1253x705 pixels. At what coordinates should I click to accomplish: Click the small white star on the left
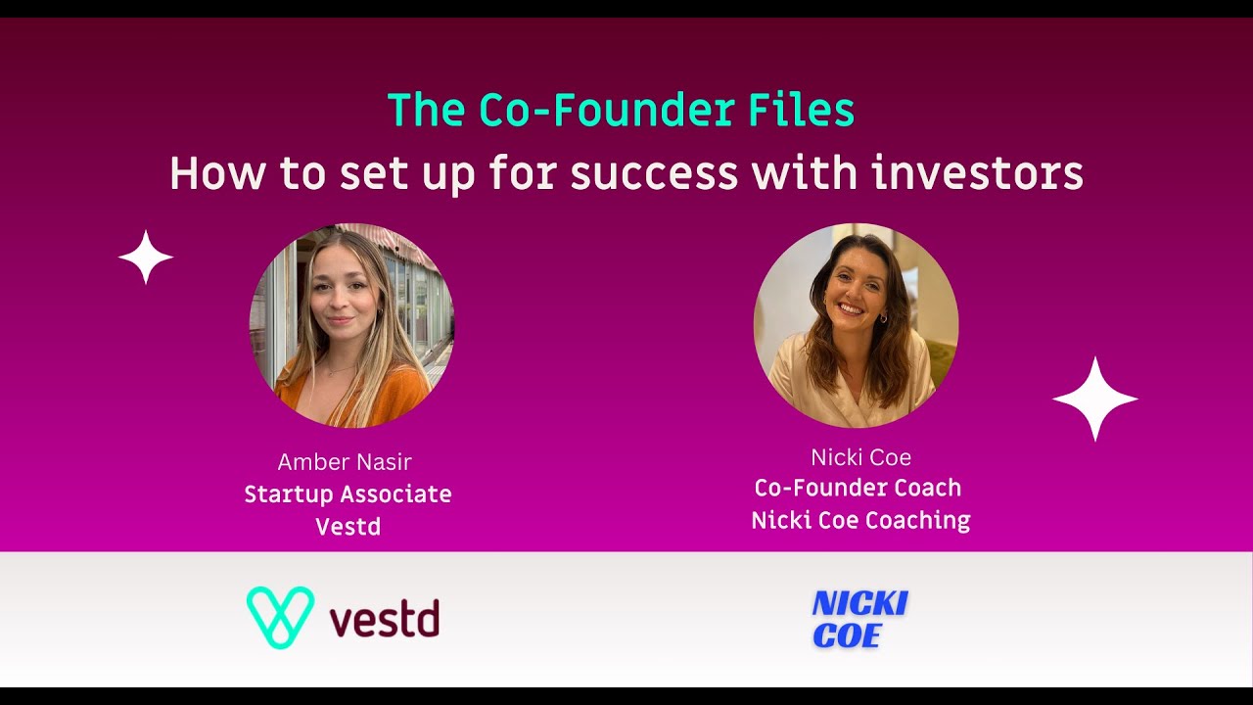146,258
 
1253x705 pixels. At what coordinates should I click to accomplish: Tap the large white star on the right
1094,399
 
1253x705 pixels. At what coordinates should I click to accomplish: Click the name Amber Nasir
345,461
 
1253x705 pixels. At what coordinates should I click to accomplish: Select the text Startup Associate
348,494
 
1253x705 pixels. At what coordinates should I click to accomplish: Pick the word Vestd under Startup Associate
348,527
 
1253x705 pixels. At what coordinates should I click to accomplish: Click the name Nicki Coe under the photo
860,457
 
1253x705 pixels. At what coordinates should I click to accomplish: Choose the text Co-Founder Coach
858,488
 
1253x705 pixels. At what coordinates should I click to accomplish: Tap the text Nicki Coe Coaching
860,520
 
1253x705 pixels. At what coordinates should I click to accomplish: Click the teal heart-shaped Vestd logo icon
280,618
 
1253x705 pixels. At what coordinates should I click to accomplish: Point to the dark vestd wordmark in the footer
385,620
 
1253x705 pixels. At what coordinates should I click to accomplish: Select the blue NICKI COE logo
859,620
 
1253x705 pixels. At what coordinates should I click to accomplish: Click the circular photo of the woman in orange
351,325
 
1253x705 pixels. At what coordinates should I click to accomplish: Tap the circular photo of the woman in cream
856,325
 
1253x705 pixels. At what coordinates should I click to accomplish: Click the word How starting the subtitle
217,174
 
